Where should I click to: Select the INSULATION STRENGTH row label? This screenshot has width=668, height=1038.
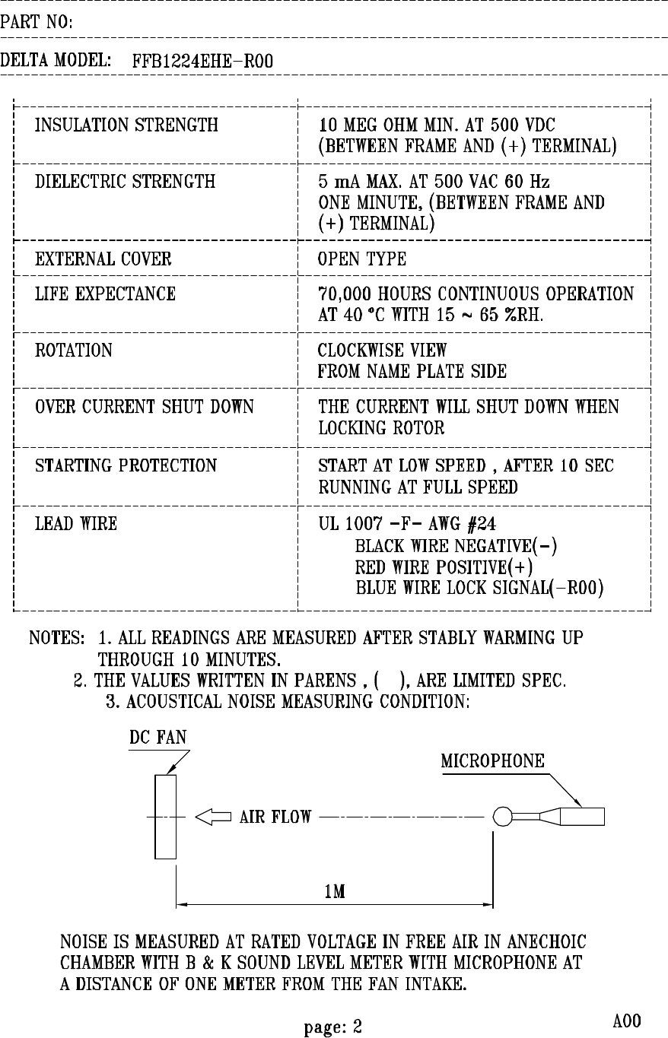point(127,125)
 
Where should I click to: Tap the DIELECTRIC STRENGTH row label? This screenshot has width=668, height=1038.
point(126,182)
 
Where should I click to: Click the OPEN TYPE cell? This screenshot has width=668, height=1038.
point(362,259)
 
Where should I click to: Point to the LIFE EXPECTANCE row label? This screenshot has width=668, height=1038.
point(106,294)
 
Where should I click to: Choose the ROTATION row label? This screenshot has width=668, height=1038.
point(74,351)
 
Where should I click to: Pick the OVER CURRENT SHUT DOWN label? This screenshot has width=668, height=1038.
point(145,407)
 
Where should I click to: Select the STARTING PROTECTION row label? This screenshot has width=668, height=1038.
point(126,465)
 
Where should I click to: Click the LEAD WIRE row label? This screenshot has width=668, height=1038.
point(76,523)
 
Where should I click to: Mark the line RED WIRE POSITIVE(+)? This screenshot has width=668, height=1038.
point(444,567)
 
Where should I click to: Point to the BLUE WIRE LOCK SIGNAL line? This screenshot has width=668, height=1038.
point(480,589)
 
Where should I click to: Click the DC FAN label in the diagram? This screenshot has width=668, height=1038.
point(157,738)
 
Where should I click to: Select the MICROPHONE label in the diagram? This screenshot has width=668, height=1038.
point(493,761)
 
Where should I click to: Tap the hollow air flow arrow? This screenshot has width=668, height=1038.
point(213,817)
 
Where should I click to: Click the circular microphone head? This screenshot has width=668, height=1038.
point(502,817)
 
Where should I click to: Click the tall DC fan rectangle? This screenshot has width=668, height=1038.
point(166,817)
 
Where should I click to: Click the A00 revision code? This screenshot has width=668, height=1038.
point(627,1021)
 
